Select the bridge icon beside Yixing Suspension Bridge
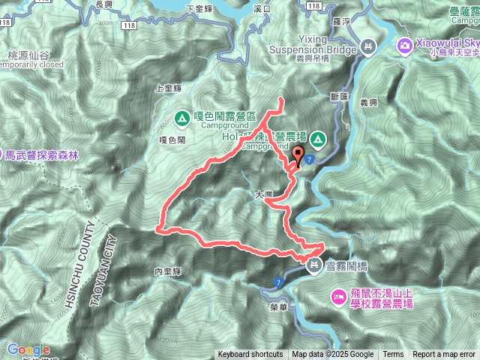(x=367, y=46)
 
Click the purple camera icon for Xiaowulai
(x=406, y=46)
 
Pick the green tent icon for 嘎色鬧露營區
(x=182, y=118)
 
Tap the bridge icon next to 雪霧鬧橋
(x=314, y=265)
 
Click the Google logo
(x=28, y=349)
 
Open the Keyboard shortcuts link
(x=250, y=355)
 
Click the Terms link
(x=393, y=355)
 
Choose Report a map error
(x=444, y=355)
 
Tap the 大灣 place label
(x=264, y=194)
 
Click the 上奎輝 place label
(x=168, y=88)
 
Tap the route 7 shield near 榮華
(x=279, y=281)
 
